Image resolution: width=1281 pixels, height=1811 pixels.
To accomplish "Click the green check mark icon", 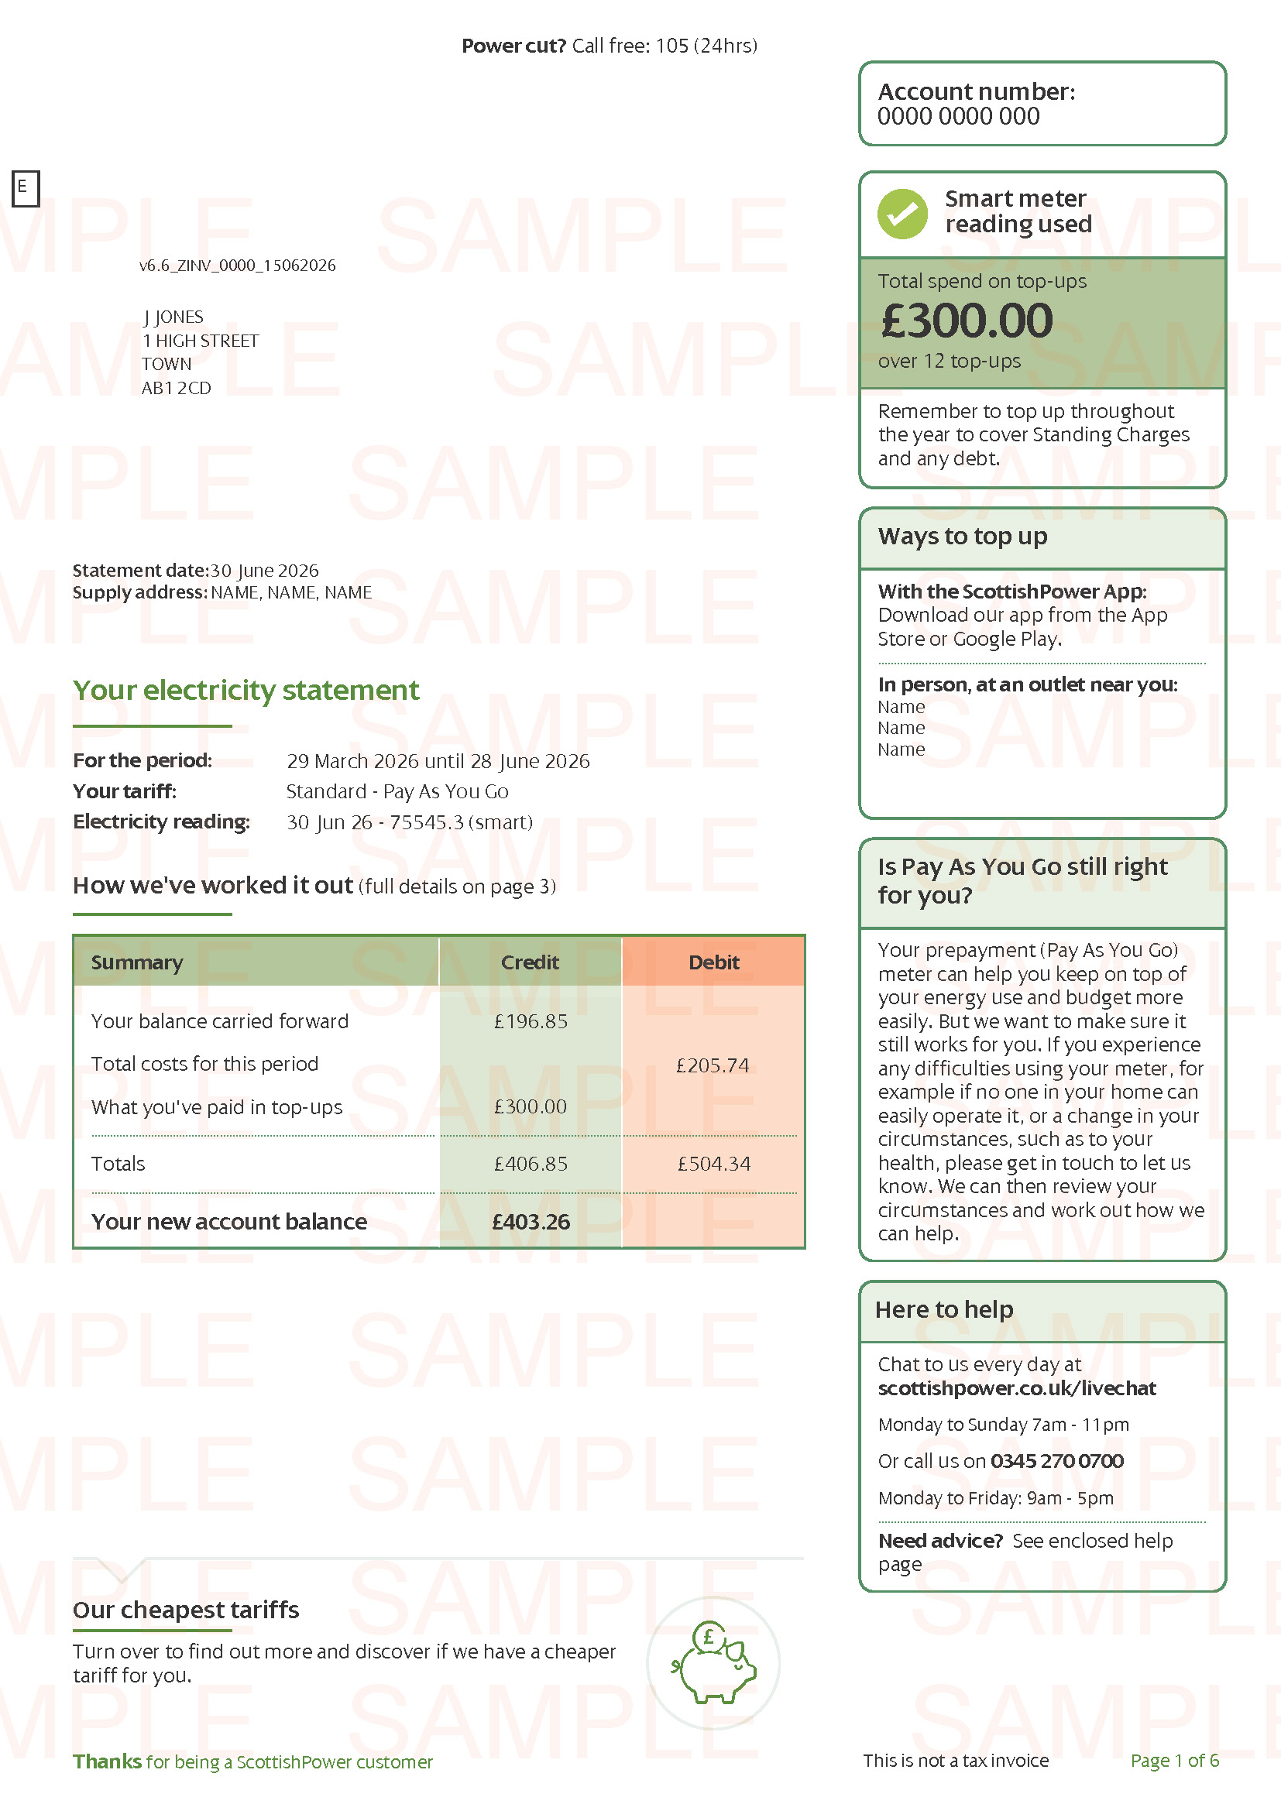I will [902, 214].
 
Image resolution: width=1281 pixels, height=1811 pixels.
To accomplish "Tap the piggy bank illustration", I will [714, 1663].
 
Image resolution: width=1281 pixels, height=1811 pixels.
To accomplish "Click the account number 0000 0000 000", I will [958, 117].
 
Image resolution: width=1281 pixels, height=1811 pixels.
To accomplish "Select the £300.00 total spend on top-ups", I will [967, 321].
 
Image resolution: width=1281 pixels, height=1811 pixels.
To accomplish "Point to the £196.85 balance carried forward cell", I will [530, 1021].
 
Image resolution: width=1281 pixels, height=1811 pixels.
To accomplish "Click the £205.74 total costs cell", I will [713, 1065].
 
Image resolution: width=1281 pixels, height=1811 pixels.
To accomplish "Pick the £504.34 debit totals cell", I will [714, 1164].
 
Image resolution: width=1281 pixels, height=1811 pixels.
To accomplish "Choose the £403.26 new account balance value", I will [531, 1222].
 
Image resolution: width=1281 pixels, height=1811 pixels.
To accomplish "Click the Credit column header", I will [530, 962].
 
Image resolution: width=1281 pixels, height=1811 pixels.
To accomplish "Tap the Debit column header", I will [714, 962].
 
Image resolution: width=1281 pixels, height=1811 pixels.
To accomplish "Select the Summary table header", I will [137, 962].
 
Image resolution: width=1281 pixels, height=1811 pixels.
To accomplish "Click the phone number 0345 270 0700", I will [1057, 1461].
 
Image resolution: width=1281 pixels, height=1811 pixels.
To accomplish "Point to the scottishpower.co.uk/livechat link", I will [1017, 1388].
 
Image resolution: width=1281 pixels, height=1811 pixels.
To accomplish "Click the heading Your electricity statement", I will [246, 690].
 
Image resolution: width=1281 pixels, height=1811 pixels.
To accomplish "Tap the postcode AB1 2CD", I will [177, 388].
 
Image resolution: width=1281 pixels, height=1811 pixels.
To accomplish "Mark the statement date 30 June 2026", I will [264, 571].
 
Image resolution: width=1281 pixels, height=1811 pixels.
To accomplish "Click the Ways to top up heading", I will [963, 537].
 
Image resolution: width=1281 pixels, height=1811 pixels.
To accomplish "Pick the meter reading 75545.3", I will [426, 822].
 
